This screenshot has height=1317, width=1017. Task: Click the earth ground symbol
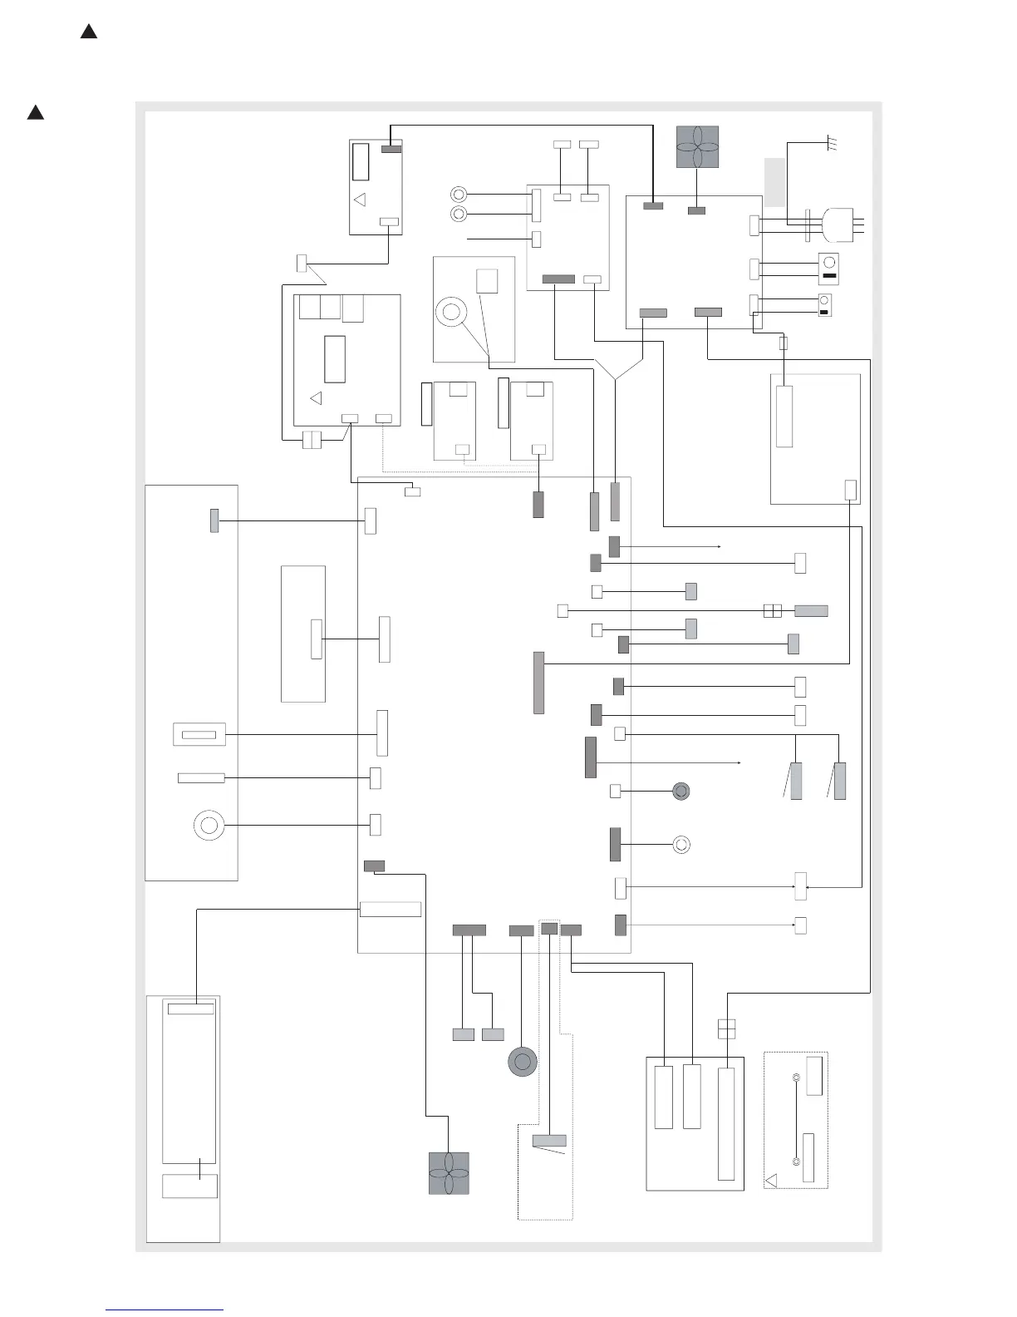[831, 145]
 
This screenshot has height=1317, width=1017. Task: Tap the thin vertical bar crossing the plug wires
[808, 225]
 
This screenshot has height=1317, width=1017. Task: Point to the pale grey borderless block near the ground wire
[774, 181]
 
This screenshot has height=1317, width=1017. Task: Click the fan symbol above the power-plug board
[697, 147]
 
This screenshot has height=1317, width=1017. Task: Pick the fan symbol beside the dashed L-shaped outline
[449, 1173]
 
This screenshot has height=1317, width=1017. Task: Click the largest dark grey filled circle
[522, 1062]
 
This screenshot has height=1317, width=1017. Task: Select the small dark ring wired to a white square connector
[681, 791]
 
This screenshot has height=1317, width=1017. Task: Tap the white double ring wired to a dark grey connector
[680, 845]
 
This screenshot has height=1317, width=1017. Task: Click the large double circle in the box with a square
[451, 313]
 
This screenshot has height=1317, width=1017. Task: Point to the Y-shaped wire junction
[616, 378]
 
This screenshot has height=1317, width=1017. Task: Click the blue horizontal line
[165, 1310]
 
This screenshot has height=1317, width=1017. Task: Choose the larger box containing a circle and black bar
[828, 269]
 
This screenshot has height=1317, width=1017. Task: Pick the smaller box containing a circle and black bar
[825, 305]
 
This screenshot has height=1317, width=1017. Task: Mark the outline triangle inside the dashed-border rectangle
[771, 1179]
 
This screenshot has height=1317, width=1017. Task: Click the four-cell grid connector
[726, 1028]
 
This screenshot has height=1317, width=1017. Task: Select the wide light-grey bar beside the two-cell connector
[811, 611]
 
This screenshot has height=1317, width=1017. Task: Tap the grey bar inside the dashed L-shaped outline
[549, 1141]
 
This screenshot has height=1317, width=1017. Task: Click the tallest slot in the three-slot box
[726, 1124]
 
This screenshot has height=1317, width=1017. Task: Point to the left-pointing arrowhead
[808, 888]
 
